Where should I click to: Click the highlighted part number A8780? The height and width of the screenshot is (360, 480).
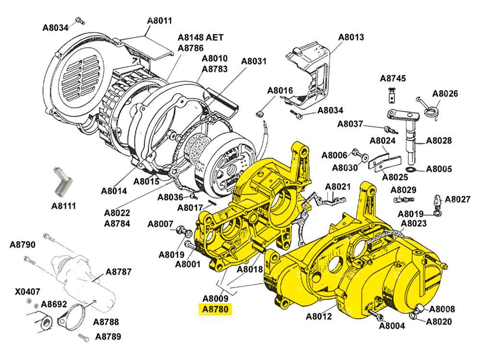pyautogui.click(x=216, y=309)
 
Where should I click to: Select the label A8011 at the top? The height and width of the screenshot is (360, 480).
pyautogui.click(x=159, y=21)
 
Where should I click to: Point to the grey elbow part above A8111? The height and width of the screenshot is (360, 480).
pyautogui.click(x=61, y=181)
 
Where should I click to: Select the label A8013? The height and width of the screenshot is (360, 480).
pyautogui.click(x=351, y=37)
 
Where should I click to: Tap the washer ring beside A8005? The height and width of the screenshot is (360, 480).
pyautogui.click(x=410, y=170)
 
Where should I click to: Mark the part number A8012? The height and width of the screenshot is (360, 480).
pyautogui.click(x=319, y=316)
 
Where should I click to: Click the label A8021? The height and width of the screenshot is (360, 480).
pyautogui.click(x=338, y=186)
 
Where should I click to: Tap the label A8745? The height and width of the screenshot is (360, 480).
pyautogui.click(x=393, y=78)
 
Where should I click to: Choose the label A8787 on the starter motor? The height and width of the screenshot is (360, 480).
pyautogui.click(x=119, y=272)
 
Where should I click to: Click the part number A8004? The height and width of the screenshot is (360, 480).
pyautogui.click(x=392, y=326)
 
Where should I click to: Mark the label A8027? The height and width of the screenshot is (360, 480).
pyautogui.click(x=458, y=199)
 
